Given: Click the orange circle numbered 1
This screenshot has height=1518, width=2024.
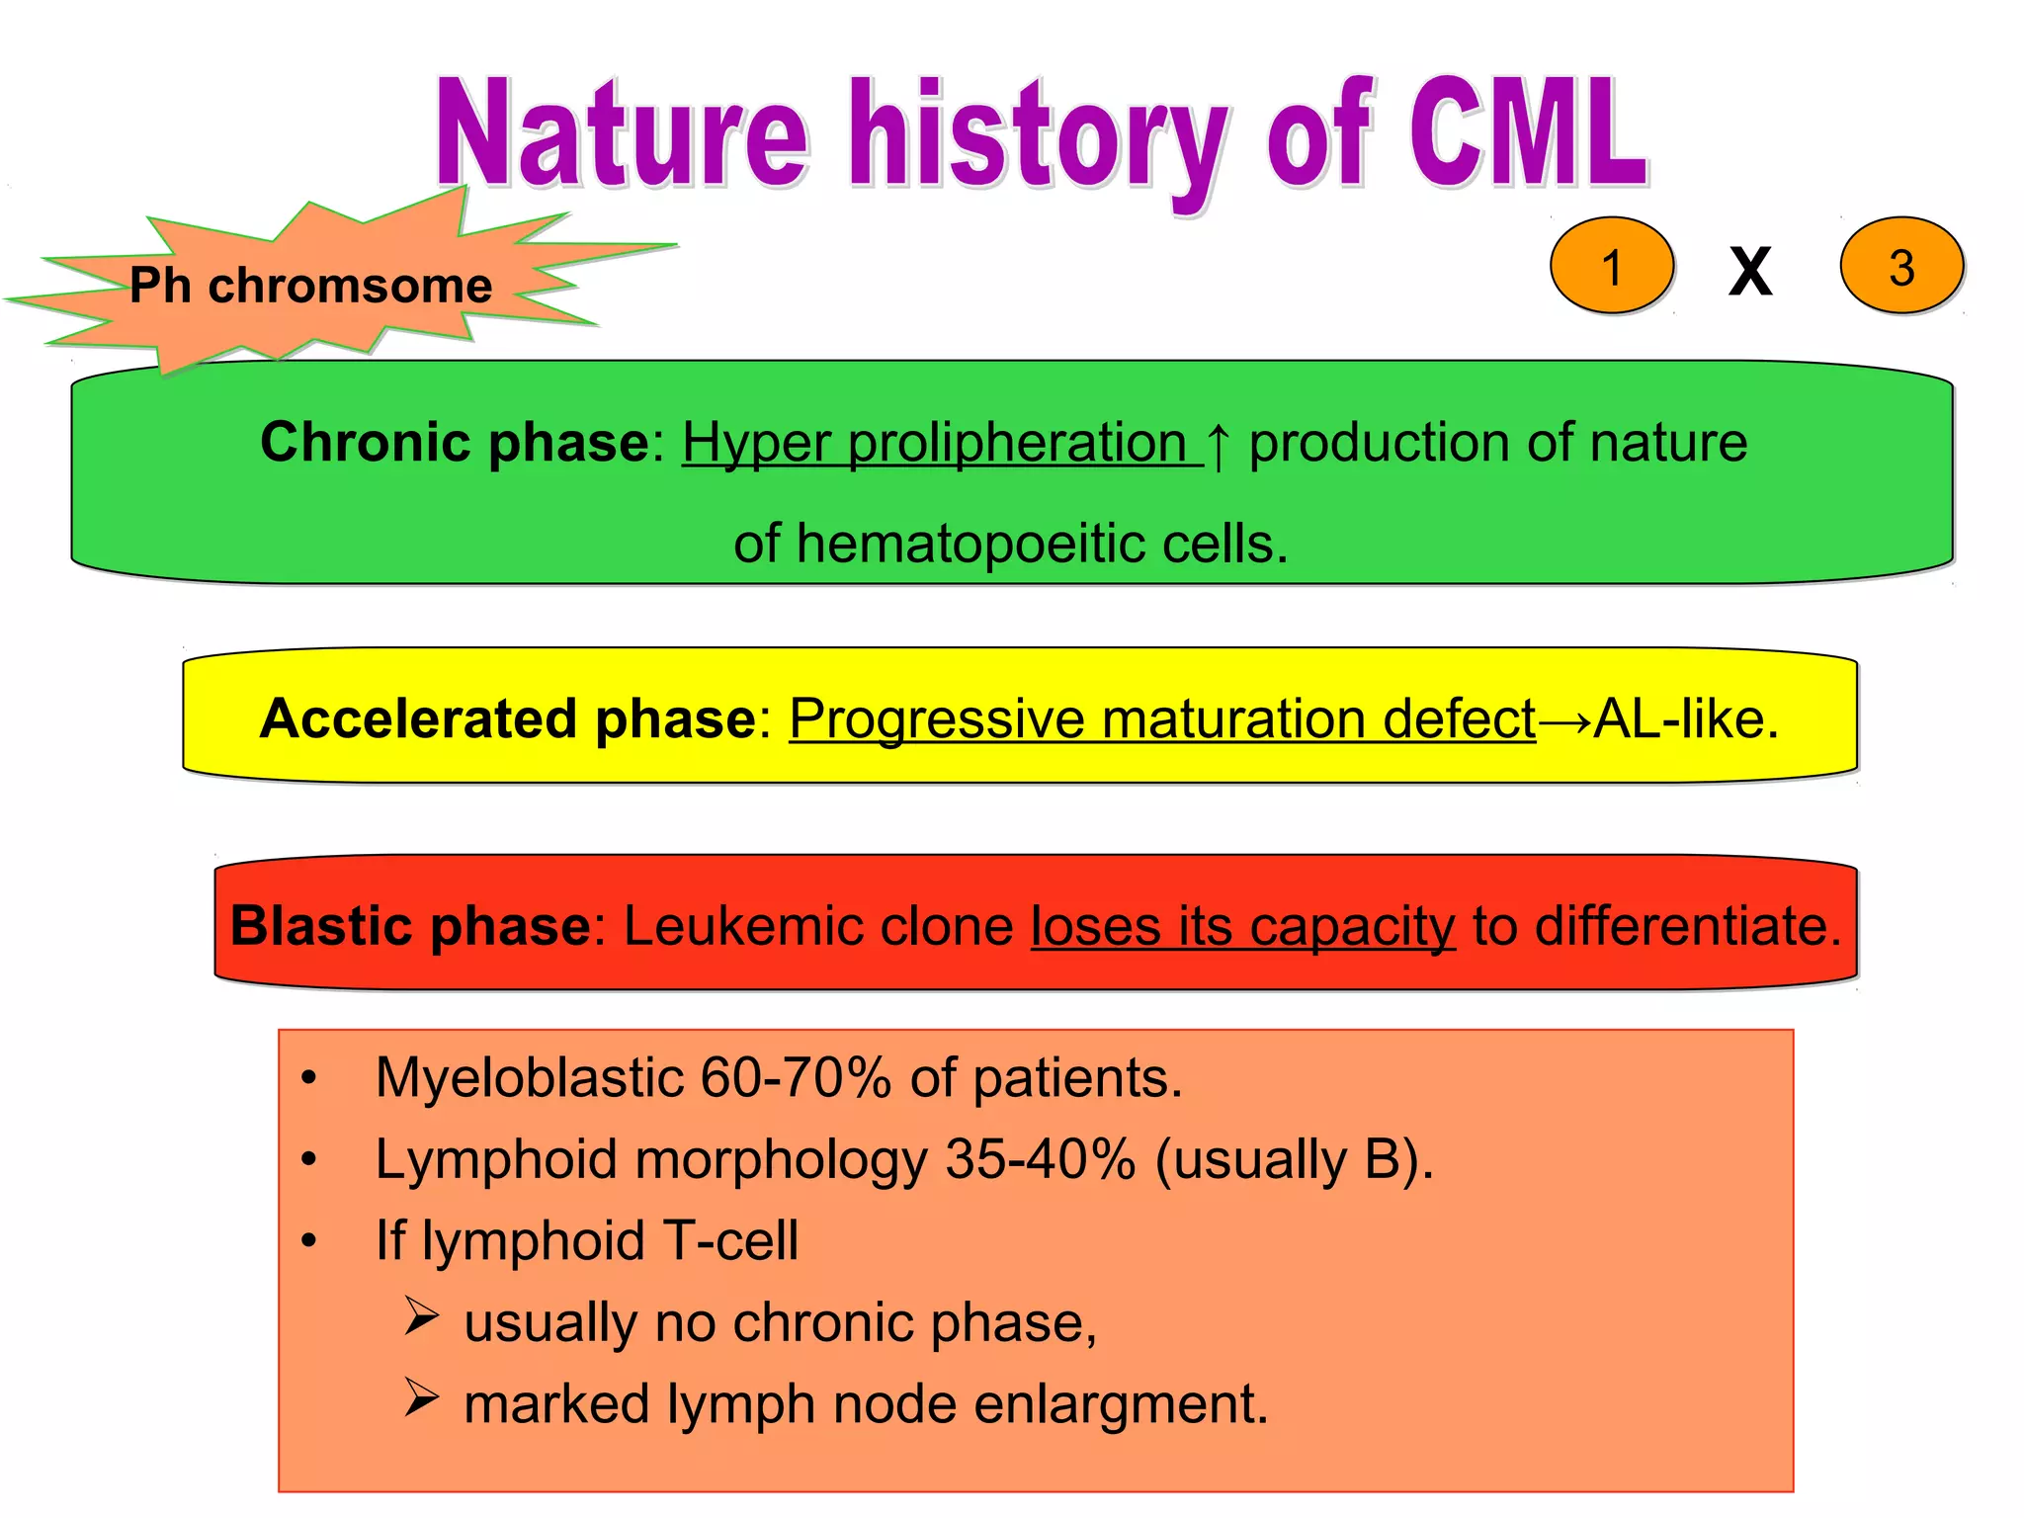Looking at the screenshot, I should coord(1611,267).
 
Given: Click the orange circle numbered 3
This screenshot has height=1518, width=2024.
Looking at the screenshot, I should coord(1900,267).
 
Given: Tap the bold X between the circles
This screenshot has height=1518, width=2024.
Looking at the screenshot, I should coord(1750,271).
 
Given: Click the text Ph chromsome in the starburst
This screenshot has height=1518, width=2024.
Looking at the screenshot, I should coord(310,286).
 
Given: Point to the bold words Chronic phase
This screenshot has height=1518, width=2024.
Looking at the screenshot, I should coord(455,442).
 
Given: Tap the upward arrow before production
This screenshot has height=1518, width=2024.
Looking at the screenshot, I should coord(1219,445).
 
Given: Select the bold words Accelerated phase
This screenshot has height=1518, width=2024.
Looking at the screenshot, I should coord(507,718).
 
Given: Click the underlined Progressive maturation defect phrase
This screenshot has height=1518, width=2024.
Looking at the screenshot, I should coord(1161,718).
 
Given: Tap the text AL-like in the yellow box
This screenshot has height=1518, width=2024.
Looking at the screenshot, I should coord(1685,718).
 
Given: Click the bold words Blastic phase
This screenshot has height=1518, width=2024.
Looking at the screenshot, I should coord(410,926).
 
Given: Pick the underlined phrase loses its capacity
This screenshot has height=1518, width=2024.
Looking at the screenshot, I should coord(1242,926).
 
